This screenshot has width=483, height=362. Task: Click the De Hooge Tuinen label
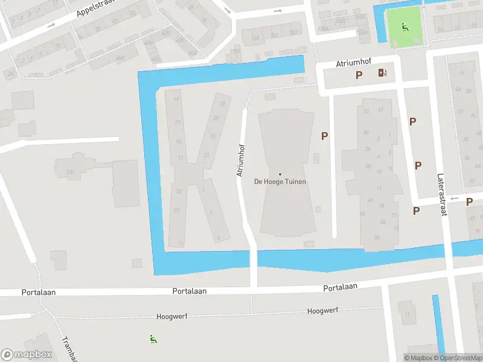(x=280, y=182)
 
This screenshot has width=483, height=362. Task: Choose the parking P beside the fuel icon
(x=359, y=75)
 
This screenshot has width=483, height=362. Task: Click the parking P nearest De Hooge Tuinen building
(x=324, y=136)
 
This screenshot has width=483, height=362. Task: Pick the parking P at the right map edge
(x=469, y=202)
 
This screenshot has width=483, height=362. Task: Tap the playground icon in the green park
(x=405, y=27)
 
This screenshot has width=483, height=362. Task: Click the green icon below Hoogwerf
(x=153, y=340)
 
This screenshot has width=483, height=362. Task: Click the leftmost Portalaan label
(x=39, y=292)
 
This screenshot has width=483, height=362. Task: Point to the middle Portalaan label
(x=189, y=291)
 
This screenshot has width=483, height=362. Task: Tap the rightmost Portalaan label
(x=340, y=288)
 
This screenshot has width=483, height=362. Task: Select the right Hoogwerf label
(x=321, y=311)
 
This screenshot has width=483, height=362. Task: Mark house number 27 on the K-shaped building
(x=222, y=104)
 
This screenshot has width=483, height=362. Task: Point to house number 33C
(x=71, y=173)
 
